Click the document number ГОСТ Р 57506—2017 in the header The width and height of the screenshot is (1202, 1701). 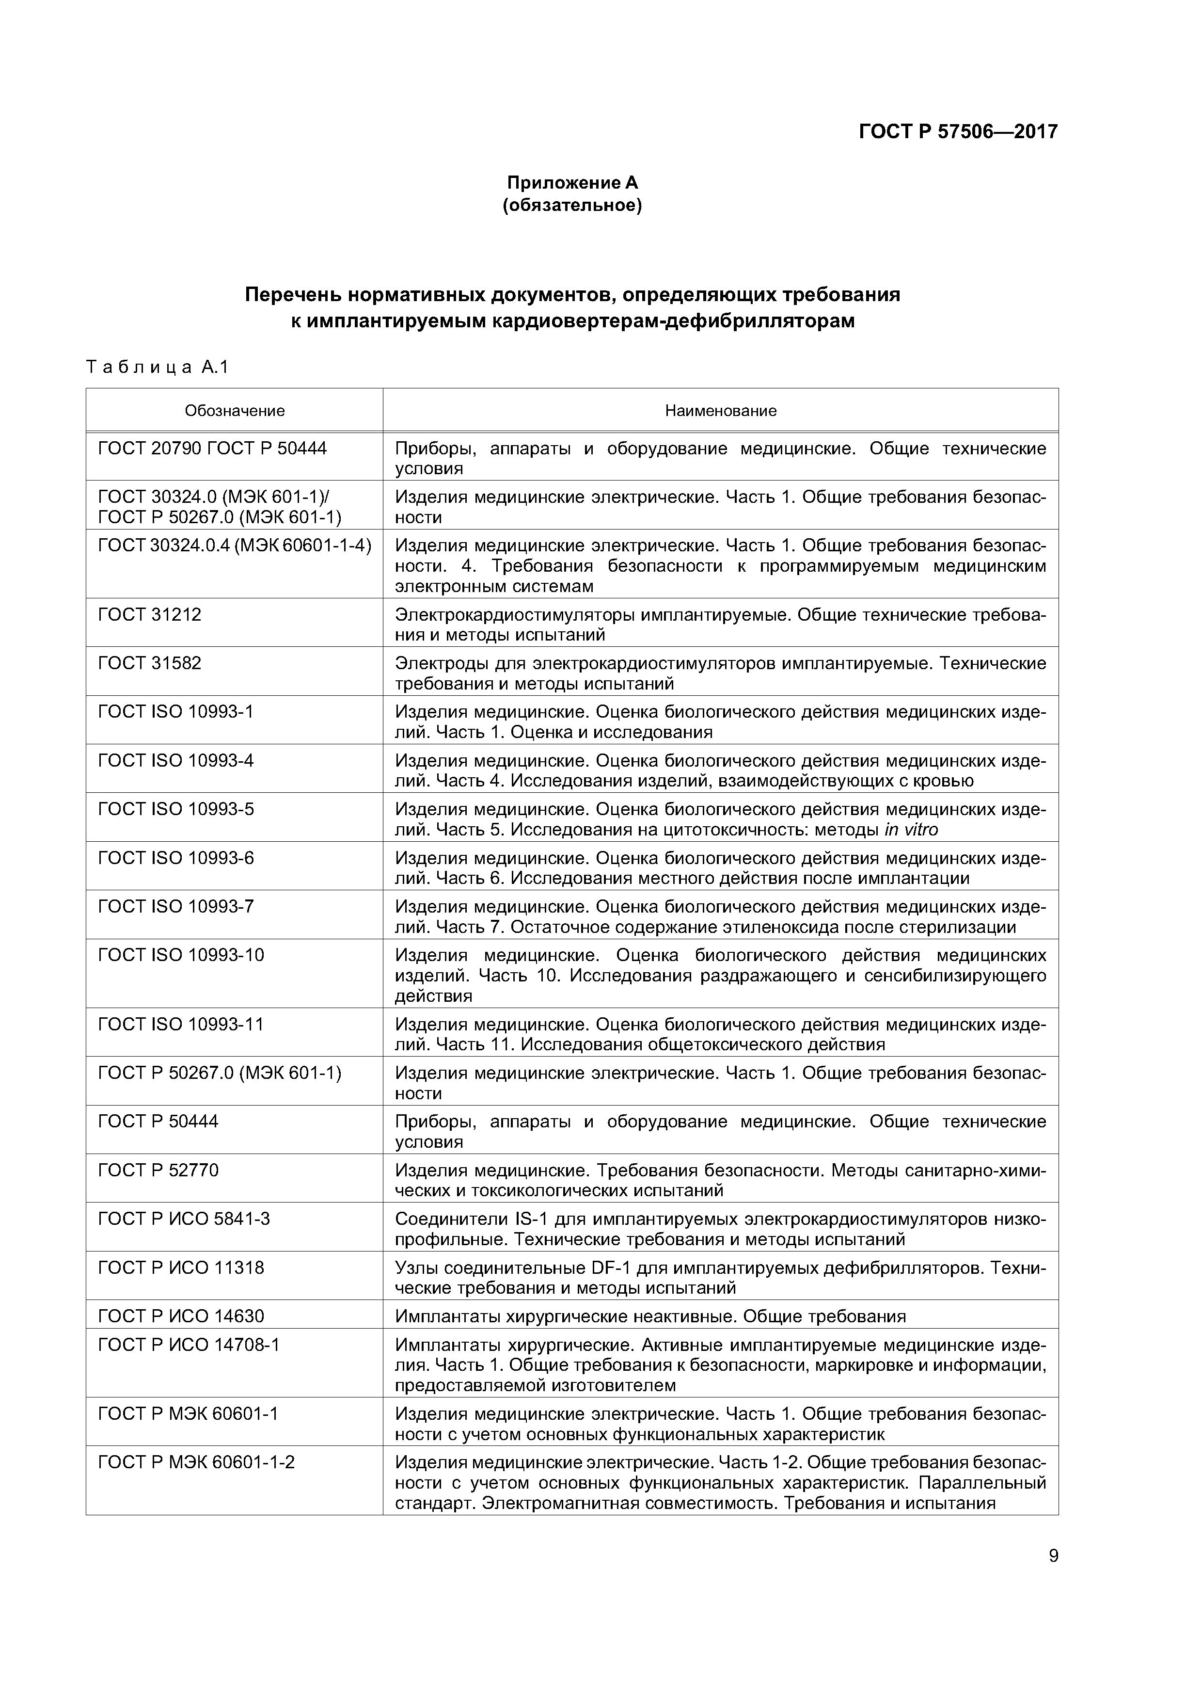pos(958,132)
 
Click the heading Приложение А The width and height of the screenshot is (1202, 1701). pos(572,182)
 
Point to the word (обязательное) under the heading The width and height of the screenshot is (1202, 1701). pos(572,205)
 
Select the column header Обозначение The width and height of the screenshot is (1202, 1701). pos(235,410)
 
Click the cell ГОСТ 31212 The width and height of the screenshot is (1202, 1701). pos(150,614)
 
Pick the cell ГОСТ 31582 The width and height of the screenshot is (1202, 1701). pos(150,663)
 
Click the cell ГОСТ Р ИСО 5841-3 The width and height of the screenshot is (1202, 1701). pos(184,1219)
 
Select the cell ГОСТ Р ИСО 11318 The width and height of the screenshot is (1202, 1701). pos(181,1268)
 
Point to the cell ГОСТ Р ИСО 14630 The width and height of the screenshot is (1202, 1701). pos(181,1316)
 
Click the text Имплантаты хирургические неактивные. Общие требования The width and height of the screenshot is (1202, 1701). pos(650,1316)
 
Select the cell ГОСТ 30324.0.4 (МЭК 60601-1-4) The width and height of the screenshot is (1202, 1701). pos(234,546)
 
